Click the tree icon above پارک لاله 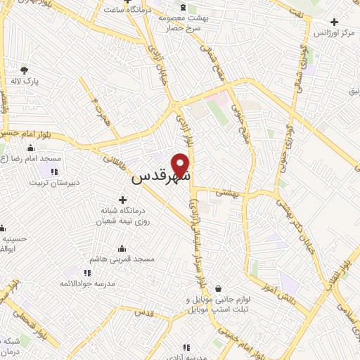click(25, 70)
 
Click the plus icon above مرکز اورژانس click(335, 22)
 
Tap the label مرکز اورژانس click(330, 34)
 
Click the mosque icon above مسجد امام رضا click(31, 148)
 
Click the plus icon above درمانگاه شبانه click(123, 200)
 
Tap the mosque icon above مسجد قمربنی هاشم click(123, 247)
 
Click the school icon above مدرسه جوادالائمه click(86, 273)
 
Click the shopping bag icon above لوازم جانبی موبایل click(219, 288)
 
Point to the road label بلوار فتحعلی click(14, 290)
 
